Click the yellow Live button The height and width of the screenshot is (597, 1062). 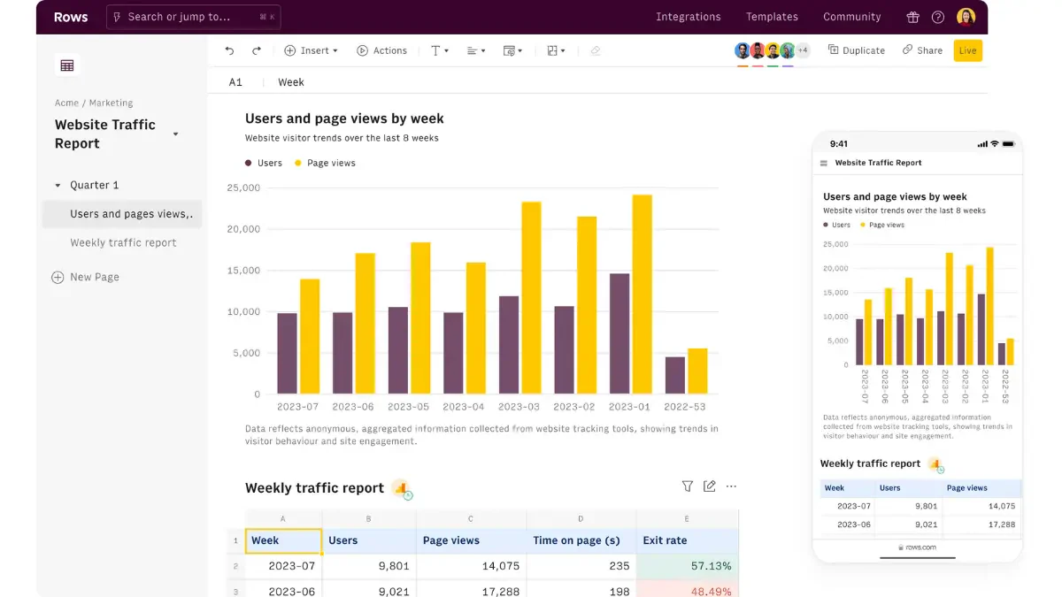[x=967, y=50]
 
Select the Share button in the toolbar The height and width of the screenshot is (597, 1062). [x=922, y=50]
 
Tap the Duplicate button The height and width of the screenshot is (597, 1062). [x=857, y=50]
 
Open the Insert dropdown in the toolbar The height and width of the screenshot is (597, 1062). [x=311, y=50]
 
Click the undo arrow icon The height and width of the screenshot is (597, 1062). [x=229, y=50]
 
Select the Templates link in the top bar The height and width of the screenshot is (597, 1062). [x=772, y=17]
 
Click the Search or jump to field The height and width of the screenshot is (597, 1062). [x=194, y=17]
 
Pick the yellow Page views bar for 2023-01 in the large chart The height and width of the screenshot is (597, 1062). [x=642, y=295]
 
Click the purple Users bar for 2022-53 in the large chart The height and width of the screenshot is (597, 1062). [x=674, y=375]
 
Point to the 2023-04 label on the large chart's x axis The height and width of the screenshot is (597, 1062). [x=463, y=407]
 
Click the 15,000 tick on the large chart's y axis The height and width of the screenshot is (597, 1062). [x=243, y=270]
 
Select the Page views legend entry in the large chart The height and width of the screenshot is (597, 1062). [x=325, y=163]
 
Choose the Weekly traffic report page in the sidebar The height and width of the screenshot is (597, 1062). [x=123, y=242]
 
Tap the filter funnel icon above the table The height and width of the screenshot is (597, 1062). [x=687, y=486]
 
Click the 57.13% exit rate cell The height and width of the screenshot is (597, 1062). [x=687, y=566]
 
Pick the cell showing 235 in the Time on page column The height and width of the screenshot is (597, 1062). [x=581, y=566]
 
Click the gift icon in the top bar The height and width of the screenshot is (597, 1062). [x=912, y=17]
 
